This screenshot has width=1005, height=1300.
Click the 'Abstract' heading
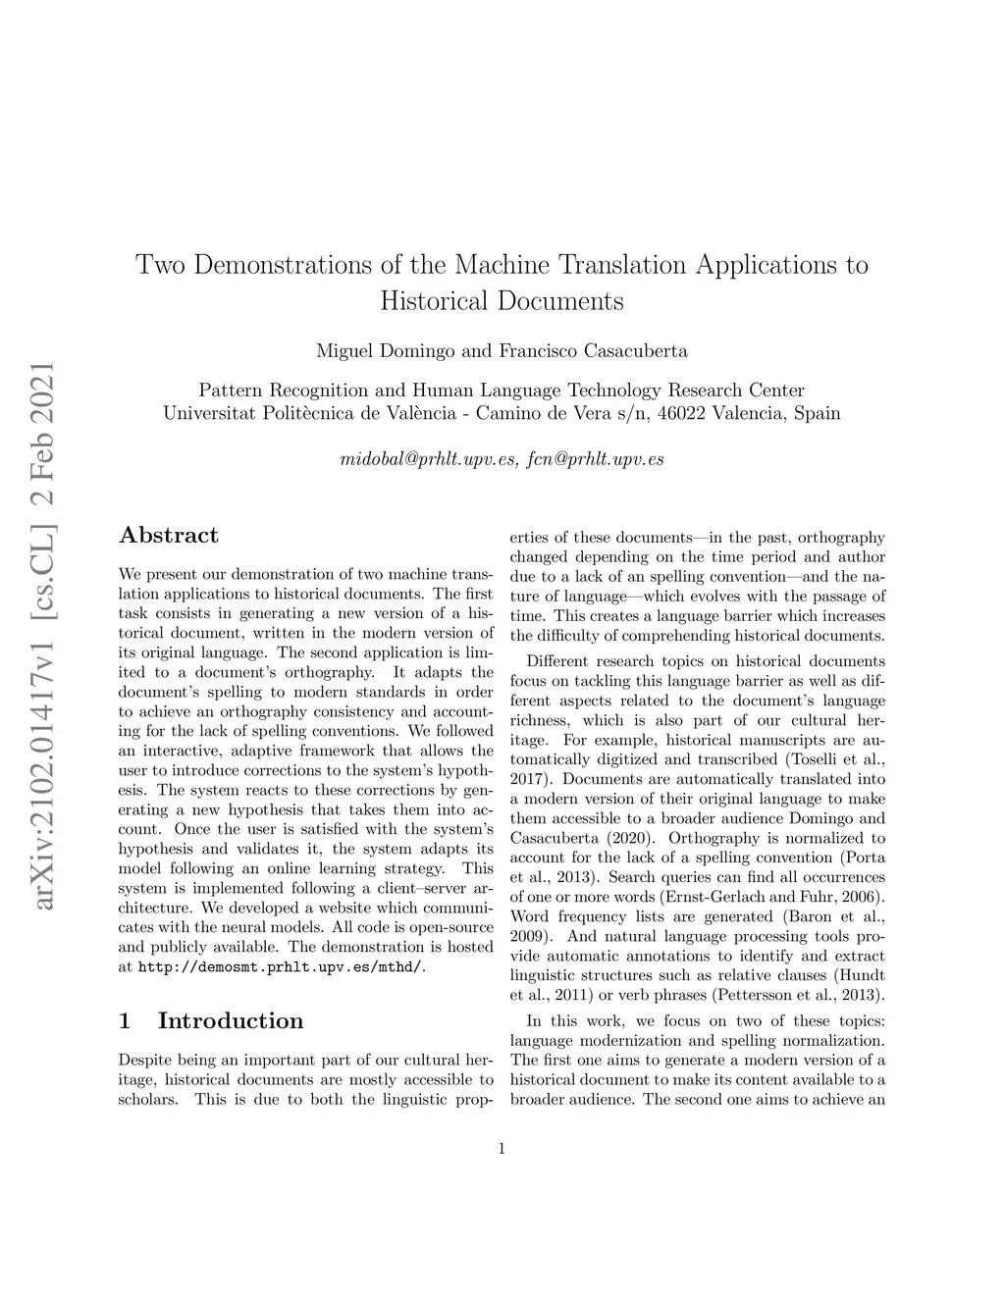pos(168,536)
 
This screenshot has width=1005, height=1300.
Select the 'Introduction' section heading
pos(231,1020)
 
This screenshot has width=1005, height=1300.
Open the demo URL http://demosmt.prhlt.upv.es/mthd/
pos(282,967)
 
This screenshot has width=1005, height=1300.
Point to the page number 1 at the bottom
pos(502,1149)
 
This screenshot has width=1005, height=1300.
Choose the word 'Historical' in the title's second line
pos(435,300)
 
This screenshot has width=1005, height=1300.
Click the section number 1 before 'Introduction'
pos(124,1020)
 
